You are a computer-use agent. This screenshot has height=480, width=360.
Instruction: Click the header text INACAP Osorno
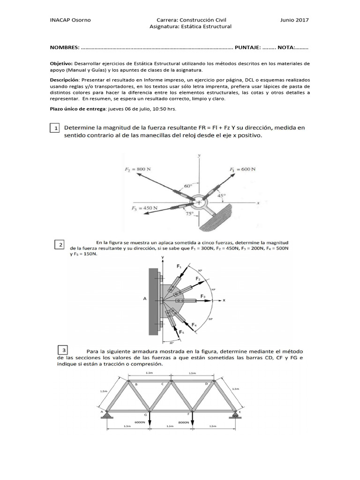[x=70, y=20]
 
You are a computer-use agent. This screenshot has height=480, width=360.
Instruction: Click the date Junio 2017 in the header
[x=294, y=20]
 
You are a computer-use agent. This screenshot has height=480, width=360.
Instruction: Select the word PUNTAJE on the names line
[x=248, y=48]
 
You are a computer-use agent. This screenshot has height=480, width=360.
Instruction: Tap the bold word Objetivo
[x=61, y=63]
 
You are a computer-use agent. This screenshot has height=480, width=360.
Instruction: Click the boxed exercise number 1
[x=55, y=128]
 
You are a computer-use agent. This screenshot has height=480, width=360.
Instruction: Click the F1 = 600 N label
[x=242, y=169]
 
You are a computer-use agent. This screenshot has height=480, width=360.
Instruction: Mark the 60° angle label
[x=187, y=186]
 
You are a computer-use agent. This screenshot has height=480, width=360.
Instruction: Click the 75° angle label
[x=189, y=214]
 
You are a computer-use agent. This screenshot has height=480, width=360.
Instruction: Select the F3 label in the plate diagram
[x=202, y=296]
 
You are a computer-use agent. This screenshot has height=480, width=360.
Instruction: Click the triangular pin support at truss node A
[x=107, y=413]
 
